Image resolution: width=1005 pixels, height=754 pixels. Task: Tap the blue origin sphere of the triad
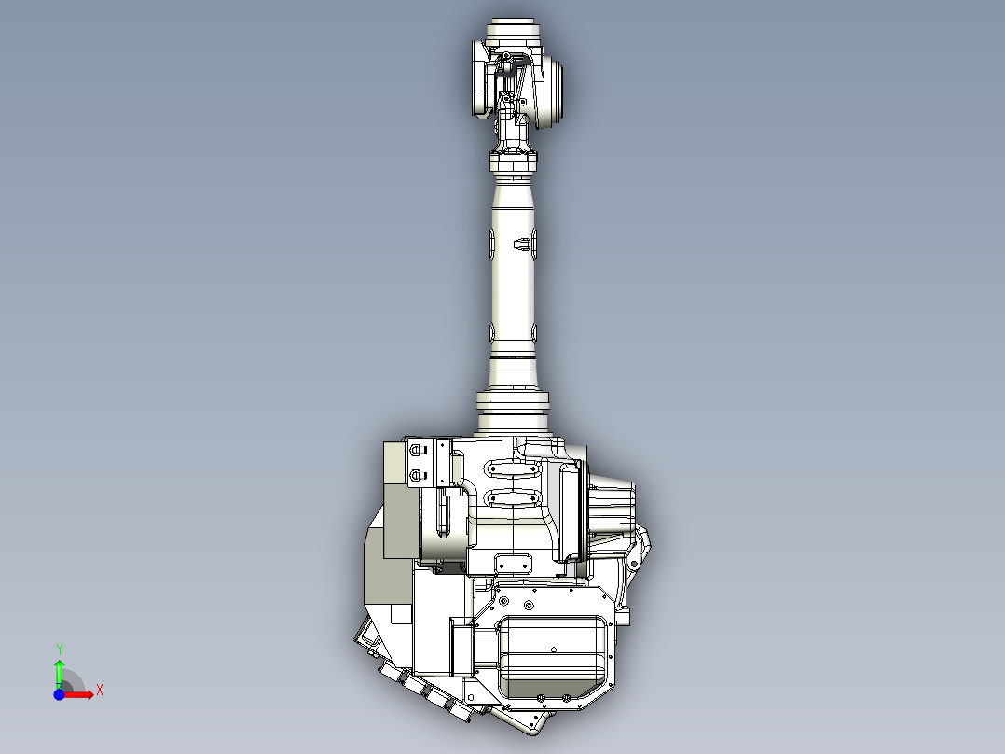click(59, 694)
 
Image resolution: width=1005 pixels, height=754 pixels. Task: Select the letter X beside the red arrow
click(99, 690)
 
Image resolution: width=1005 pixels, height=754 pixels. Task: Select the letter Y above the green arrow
click(59, 649)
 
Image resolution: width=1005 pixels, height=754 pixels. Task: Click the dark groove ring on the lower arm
click(514, 356)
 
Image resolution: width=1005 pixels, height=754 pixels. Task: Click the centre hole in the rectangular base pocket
click(553, 649)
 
